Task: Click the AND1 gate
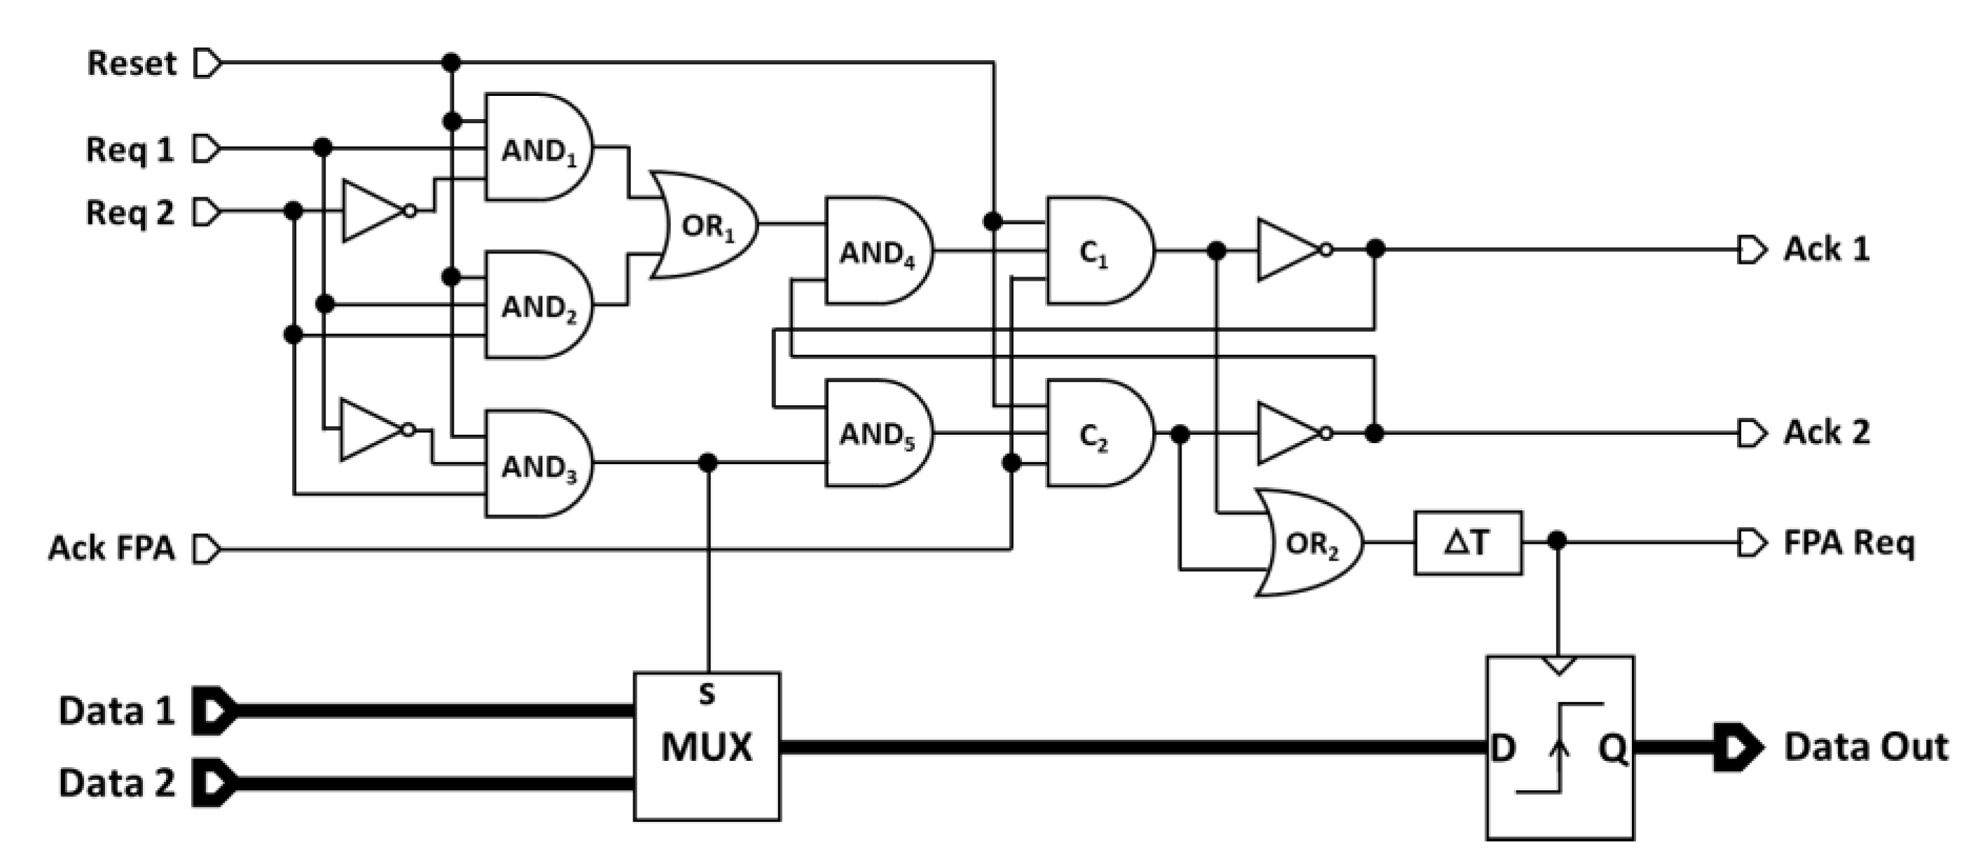coord(537,148)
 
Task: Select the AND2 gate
coord(537,306)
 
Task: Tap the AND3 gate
coord(537,465)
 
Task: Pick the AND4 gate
coord(877,251)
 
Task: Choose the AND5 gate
coord(877,434)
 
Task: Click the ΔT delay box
coord(1467,543)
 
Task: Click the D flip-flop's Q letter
coord(1612,748)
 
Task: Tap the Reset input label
coord(132,63)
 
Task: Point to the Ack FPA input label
coord(111,548)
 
